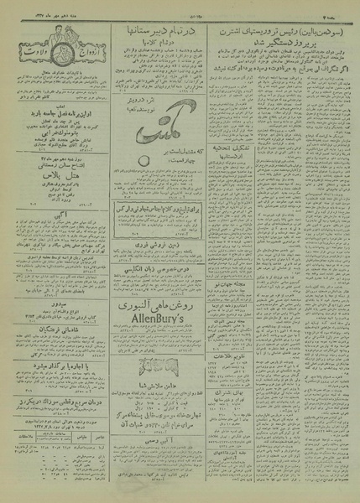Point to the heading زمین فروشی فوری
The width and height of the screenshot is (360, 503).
170,250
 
